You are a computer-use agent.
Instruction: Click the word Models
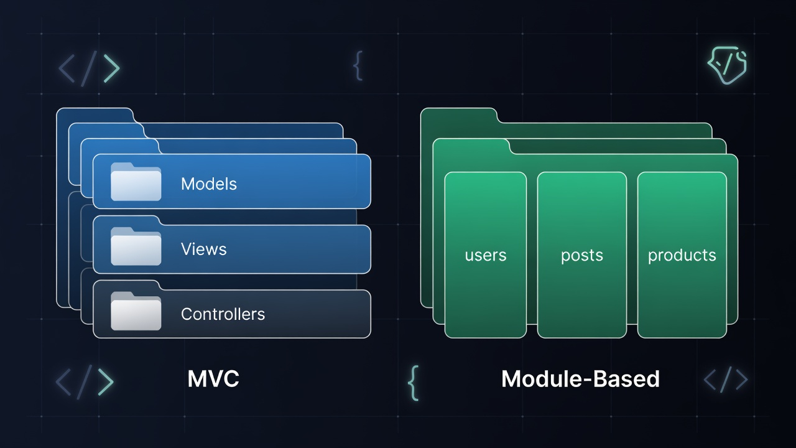coord(209,184)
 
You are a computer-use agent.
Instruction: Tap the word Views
coord(203,249)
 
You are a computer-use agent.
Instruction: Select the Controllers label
coord(223,314)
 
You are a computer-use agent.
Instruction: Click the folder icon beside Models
coord(136,182)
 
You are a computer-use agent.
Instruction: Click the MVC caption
coord(213,379)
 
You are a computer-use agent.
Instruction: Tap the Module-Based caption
coord(580,379)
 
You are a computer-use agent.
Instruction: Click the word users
coord(485,255)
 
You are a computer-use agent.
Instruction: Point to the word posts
coord(581,256)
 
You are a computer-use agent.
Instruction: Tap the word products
coord(682,256)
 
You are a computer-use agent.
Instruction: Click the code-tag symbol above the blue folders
coord(89,68)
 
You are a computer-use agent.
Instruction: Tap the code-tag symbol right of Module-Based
coord(725,378)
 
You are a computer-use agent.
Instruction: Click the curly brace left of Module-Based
coord(413,382)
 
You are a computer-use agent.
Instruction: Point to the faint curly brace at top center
coord(358,66)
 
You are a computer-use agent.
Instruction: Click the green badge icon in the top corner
coord(727,65)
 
